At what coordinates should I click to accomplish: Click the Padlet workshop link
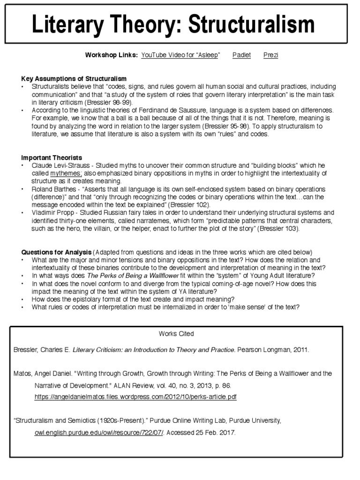tap(241, 55)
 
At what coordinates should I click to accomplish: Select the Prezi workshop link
tap(270, 55)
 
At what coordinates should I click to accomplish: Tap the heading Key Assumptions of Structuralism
tap(74, 78)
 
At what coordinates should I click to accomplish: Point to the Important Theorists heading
tap(52, 157)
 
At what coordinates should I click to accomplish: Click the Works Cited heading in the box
tap(176, 334)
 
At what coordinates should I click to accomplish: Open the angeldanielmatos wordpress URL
tap(135, 397)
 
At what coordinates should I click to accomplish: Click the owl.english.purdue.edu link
tap(99, 433)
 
